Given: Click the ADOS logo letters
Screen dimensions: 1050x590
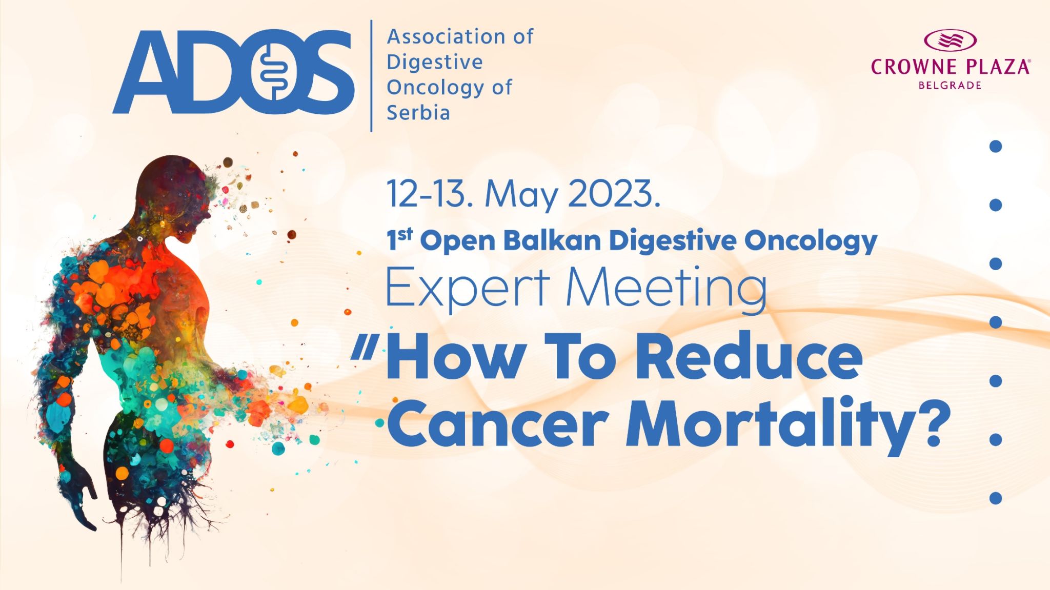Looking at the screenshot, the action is pos(233,72).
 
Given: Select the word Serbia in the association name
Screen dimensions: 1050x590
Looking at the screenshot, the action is pos(418,112).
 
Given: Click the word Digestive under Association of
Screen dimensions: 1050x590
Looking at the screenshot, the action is pos(435,63).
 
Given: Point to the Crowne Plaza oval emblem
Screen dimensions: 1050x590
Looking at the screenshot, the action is pos(950,40).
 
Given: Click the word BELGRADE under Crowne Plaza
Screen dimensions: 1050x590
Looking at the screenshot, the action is pos(950,85).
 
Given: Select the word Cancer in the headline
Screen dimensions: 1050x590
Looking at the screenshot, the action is pos(498,425).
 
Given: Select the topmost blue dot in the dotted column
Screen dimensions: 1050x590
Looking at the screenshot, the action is pos(996,147).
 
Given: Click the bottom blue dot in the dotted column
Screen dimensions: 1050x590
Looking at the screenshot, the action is pos(996,498).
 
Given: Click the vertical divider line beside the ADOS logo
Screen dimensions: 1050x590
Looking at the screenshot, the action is pos(371,76).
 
